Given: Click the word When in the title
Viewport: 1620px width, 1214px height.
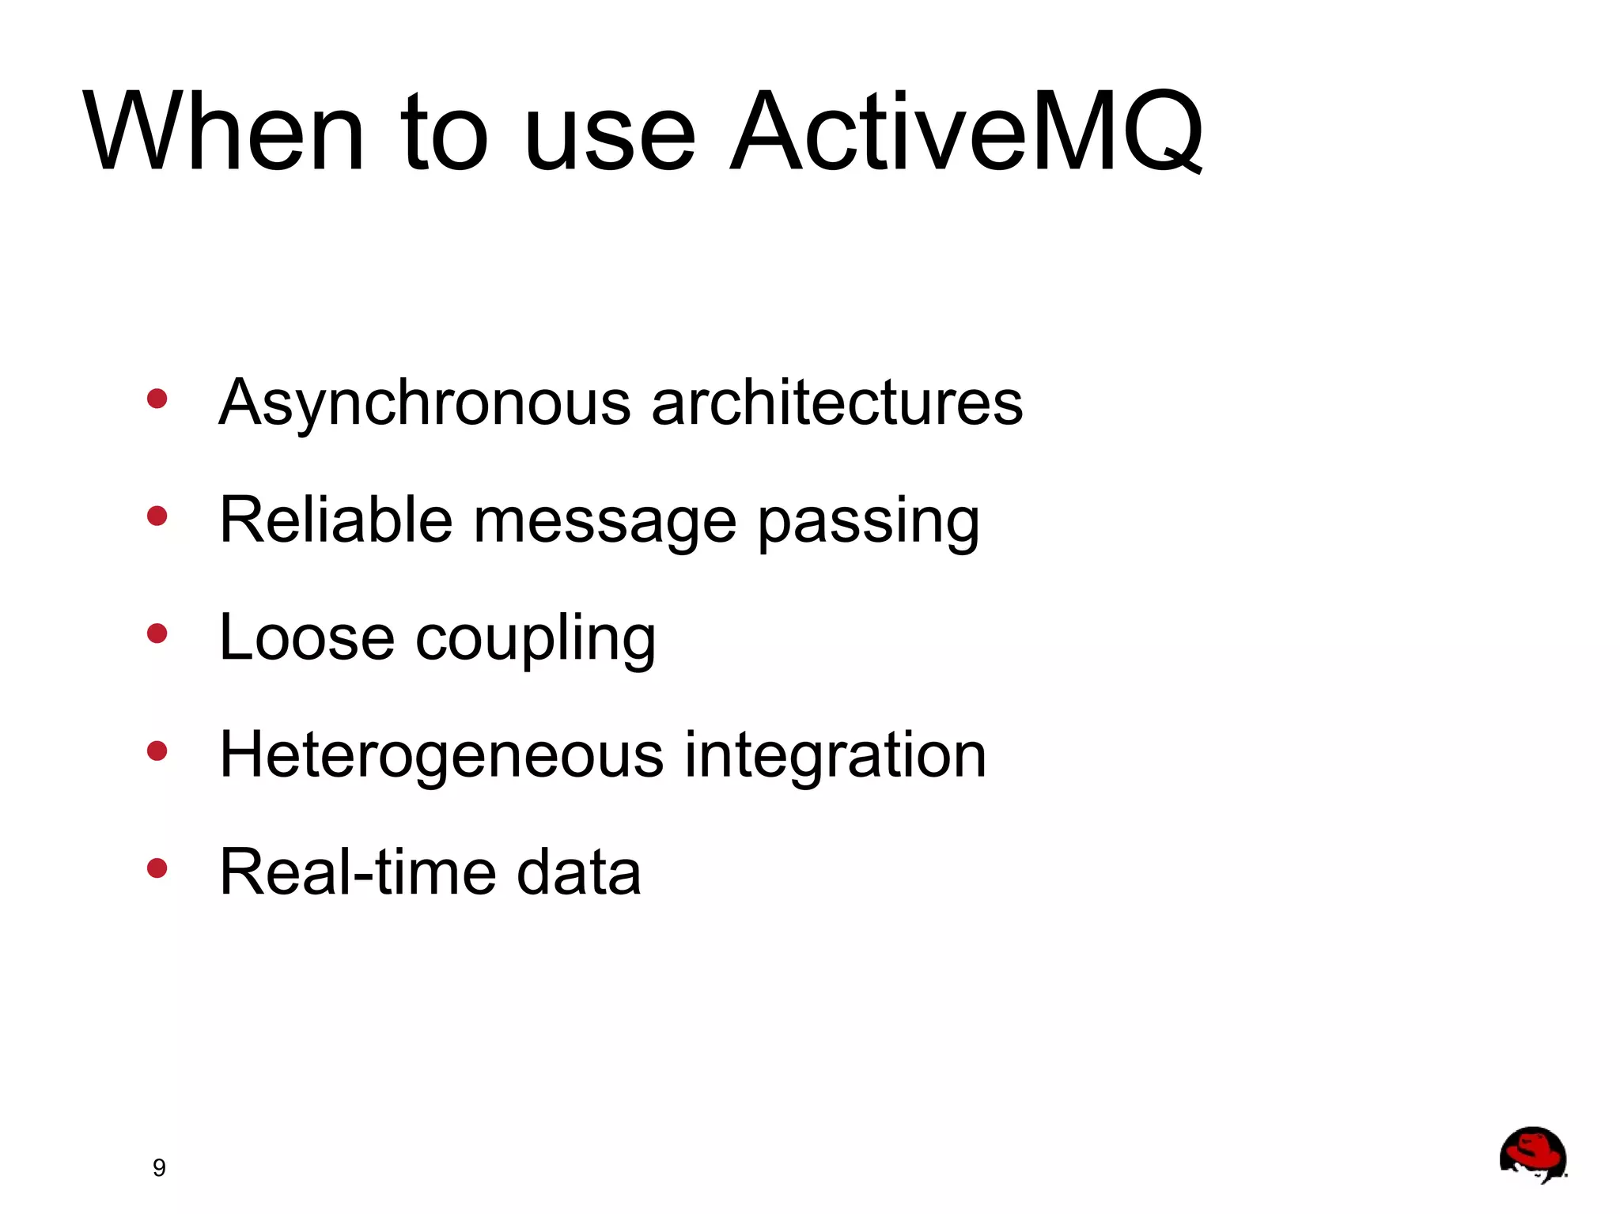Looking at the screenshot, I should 224,131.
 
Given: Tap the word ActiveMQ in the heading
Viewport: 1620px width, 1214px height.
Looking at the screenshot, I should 966,131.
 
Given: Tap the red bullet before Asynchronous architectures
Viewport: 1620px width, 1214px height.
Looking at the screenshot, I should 157,399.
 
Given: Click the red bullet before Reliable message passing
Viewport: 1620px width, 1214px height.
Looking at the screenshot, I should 157,516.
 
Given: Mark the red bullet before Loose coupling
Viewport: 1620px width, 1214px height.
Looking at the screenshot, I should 157,633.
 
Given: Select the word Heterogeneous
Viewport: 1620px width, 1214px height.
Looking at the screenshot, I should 441,755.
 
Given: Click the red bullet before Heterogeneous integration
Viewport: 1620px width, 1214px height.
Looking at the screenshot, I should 157,751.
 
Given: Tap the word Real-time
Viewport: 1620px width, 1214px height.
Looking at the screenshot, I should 357,872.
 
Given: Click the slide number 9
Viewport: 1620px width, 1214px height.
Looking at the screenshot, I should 159,1167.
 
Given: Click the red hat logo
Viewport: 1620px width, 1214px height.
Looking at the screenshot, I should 1532,1154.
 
